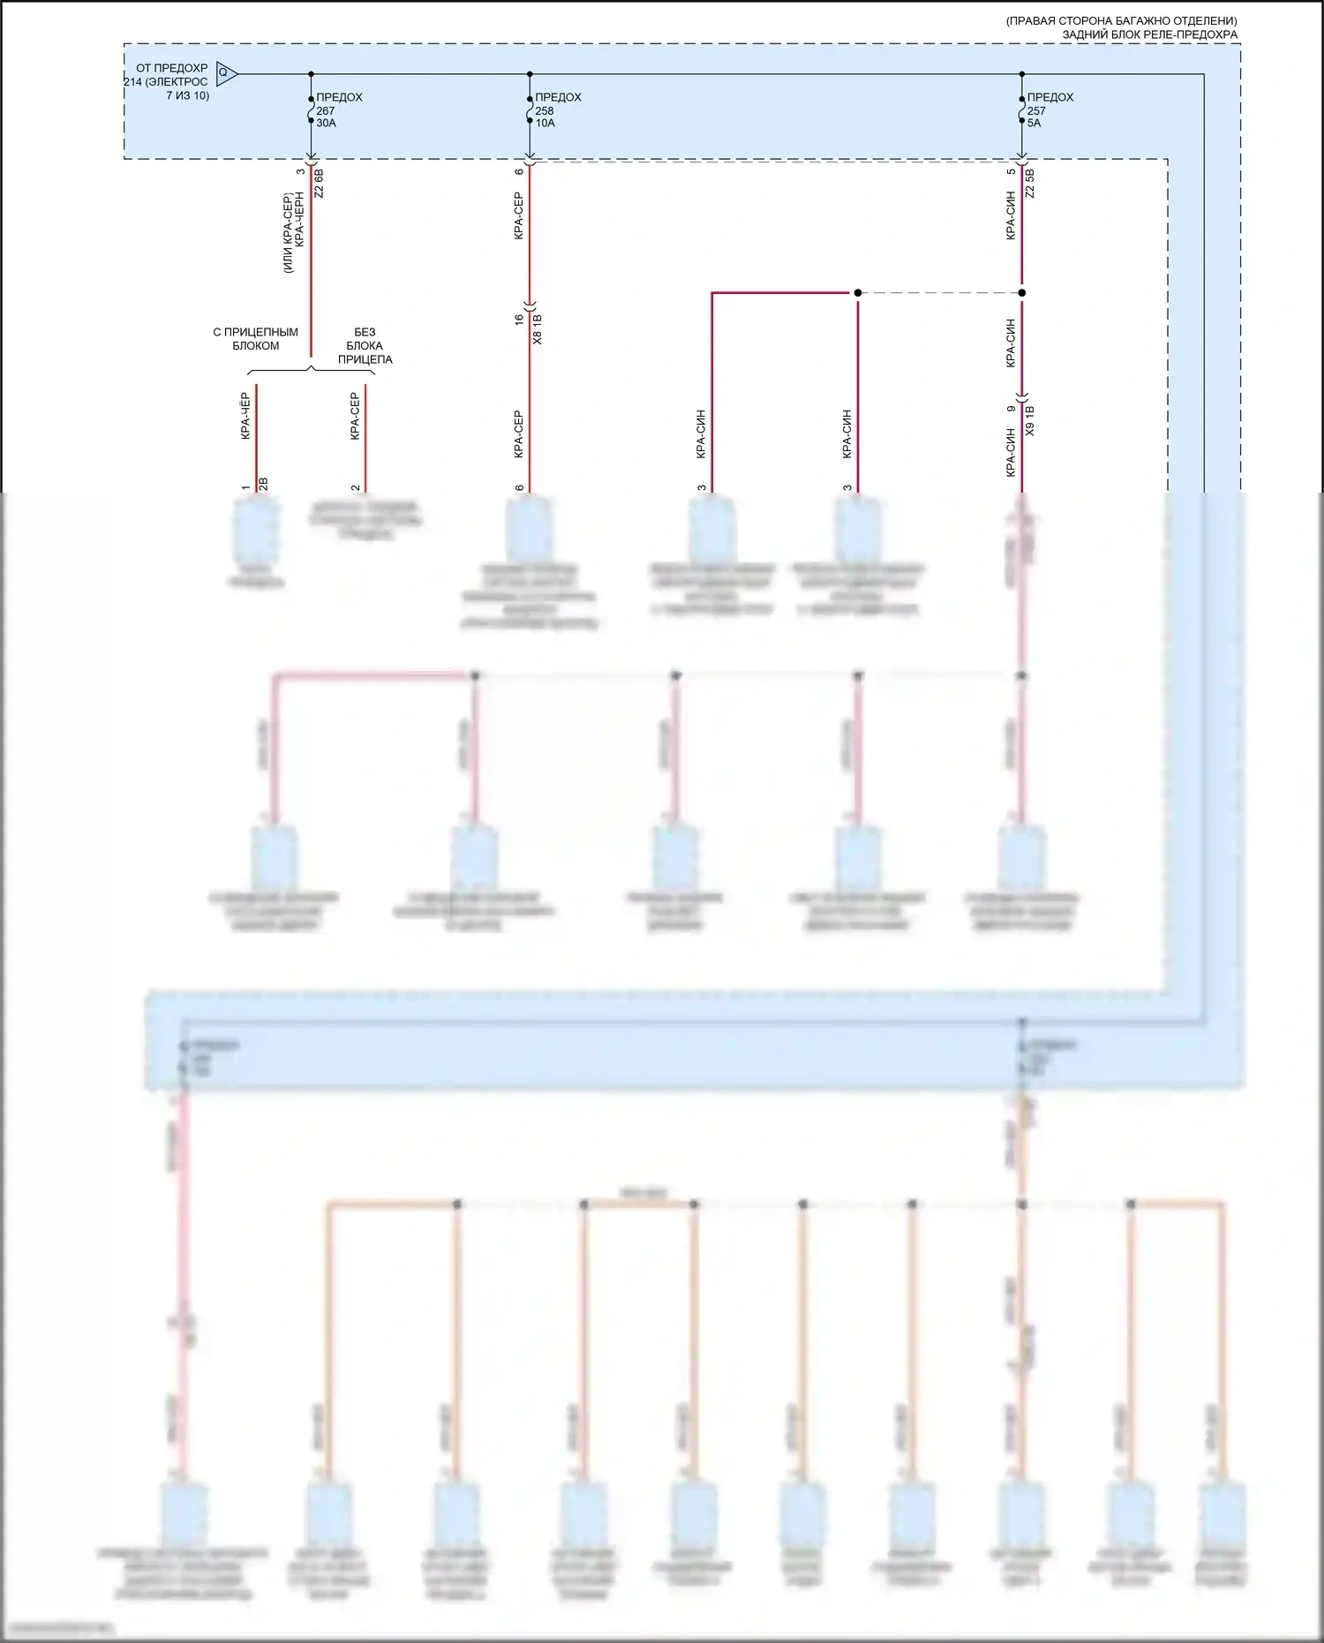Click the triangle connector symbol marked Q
pos(225,73)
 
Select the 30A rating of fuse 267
pos(327,124)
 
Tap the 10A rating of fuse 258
pos(545,124)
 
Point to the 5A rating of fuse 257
pos(1034,124)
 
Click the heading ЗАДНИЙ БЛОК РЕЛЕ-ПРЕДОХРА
pos(1149,34)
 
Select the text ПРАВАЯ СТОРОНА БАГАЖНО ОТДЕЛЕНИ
pos(1121,20)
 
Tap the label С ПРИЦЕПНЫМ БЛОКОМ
pos(255,339)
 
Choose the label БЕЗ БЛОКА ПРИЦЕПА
pos(365,346)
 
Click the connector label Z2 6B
pos(320,182)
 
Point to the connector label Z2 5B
pos(1030,182)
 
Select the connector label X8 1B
pos(538,328)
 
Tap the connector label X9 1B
pos(1030,420)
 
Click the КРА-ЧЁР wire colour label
pos(245,416)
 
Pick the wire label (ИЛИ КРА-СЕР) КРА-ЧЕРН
pos(293,232)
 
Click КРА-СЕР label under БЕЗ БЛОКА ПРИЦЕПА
pos(355,416)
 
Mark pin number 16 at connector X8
pos(520,319)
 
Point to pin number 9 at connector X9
pos(1012,409)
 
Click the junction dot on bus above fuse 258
pos(530,74)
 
